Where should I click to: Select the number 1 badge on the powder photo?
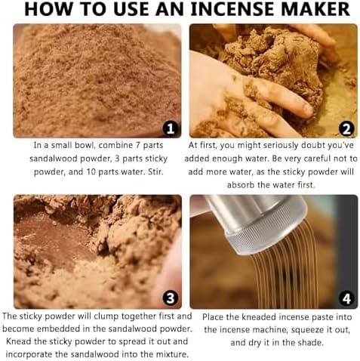(171, 128)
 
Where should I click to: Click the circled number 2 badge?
(347, 128)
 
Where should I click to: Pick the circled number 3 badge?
(171, 298)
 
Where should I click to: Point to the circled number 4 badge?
(347, 298)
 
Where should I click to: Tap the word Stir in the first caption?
(154, 174)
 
